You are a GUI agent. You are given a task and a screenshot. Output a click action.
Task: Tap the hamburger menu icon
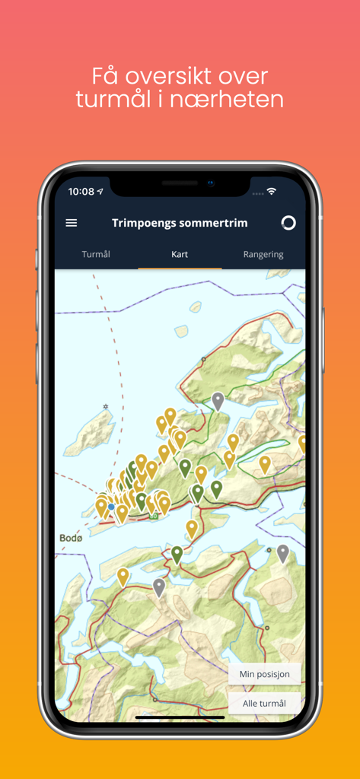click(72, 223)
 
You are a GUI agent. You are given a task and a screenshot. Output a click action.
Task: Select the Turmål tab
click(96, 254)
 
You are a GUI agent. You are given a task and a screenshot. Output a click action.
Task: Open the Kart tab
click(180, 254)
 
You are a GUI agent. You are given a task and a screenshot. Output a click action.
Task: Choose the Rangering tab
click(263, 254)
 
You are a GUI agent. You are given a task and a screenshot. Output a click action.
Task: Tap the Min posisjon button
click(264, 674)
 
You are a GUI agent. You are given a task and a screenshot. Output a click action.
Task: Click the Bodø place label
click(71, 538)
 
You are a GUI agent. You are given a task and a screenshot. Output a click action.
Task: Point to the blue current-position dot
click(111, 507)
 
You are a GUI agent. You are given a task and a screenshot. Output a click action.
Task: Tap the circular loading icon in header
click(288, 223)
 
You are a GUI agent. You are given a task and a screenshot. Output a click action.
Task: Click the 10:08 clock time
click(81, 192)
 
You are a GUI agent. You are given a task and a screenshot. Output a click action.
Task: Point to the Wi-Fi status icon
click(272, 192)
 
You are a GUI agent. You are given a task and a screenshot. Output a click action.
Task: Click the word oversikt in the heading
click(180, 76)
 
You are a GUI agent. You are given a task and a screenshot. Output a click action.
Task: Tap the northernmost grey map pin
click(218, 401)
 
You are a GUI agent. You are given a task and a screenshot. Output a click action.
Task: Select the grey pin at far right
click(282, 552)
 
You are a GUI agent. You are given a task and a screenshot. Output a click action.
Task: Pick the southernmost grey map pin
click(158, 587)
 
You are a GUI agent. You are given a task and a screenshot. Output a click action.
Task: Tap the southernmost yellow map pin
click(123, 577)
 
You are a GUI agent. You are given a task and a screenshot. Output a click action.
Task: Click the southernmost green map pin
click(177, 554)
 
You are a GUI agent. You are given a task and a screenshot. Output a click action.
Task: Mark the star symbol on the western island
click(106, 407)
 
